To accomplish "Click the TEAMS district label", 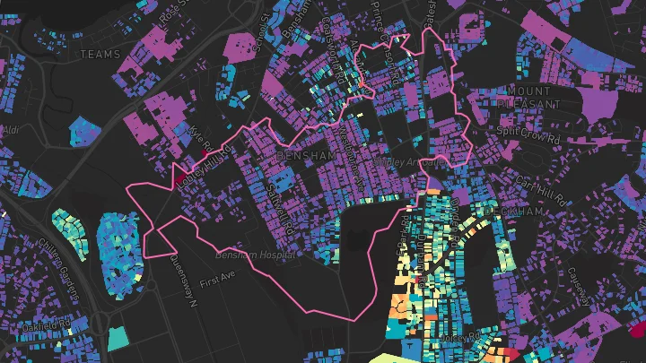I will tap(100, 55).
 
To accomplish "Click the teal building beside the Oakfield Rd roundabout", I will tap(118, 339).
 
